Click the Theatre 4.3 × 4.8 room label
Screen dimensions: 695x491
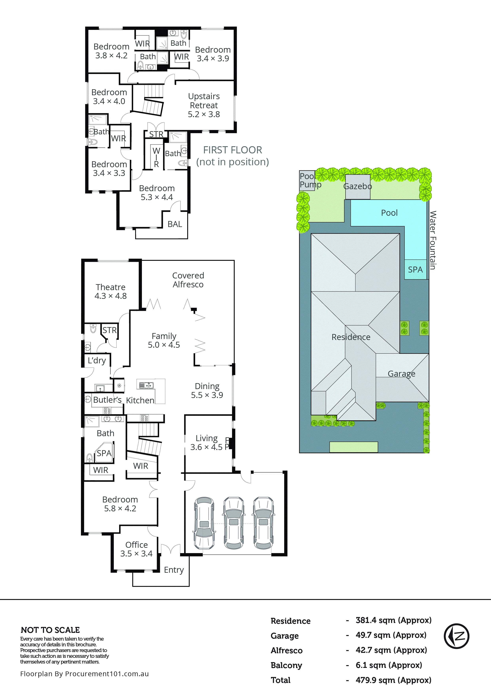tap(110, 291)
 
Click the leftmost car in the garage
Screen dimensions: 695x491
tap(204, 523)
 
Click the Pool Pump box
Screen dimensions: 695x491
tap(307, 180)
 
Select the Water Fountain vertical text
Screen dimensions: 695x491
tap(433, 240)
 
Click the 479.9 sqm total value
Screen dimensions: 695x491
tap(393, 680)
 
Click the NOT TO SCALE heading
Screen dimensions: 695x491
tap(50, 630)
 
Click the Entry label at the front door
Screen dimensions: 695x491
tap(174, 570)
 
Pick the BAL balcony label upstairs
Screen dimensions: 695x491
tap(175, 224)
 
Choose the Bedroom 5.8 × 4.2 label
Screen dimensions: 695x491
tap(120, 504)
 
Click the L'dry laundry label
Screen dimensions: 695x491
tap(97, 360)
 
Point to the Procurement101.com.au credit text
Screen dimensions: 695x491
tap(85, 673)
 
